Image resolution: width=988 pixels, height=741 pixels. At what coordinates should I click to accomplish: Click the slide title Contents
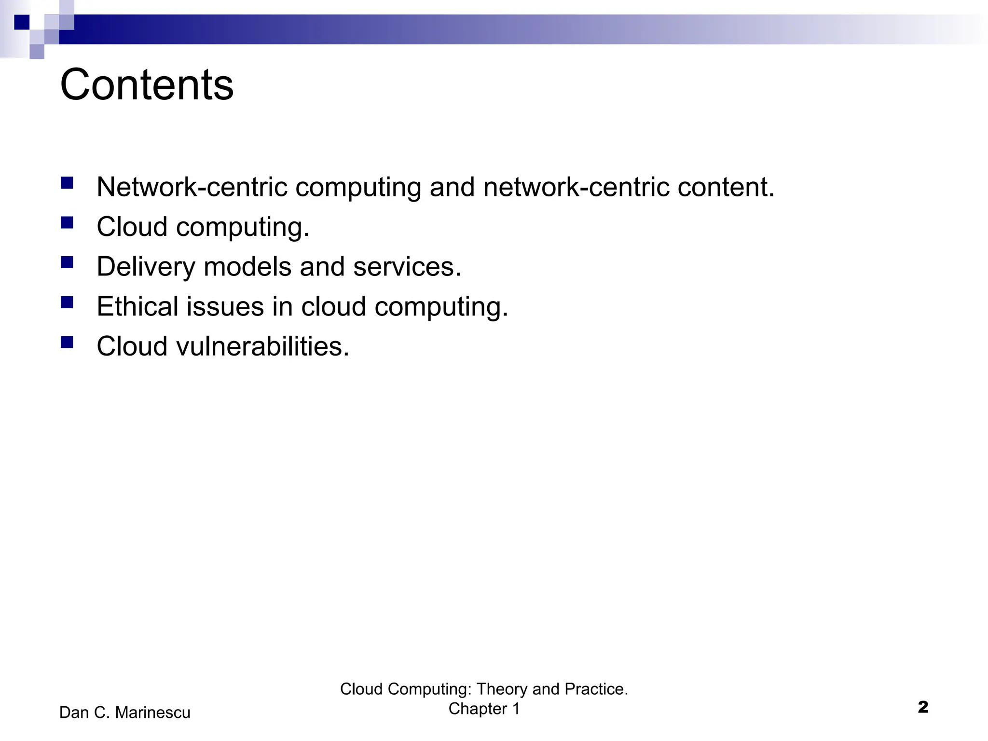click(147, 85)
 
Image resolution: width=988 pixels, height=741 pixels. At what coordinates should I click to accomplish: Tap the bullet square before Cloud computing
click(67, 222)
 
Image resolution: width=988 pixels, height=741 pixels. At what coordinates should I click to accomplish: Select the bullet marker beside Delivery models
click(67, 262)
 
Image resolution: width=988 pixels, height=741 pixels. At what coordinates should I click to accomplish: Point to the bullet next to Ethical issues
click(67, 302)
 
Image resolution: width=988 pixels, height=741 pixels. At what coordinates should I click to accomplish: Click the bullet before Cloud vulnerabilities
click(67, 342)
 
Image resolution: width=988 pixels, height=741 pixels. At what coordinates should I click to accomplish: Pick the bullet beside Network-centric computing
click(67, 183)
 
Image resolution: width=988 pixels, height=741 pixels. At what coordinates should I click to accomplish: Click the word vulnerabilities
click(262, 346)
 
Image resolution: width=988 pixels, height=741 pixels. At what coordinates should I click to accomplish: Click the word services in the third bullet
click(407, 267)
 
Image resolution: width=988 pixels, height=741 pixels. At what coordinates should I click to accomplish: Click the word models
click(247, 267)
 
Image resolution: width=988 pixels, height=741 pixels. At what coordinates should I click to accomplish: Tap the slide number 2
click(923, 707)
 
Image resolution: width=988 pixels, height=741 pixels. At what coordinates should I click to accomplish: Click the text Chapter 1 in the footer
click(484, 709)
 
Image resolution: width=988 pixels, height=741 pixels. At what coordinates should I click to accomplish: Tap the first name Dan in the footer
click(74, 713)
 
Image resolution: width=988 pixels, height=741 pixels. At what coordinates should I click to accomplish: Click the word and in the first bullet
click(452, 187)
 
